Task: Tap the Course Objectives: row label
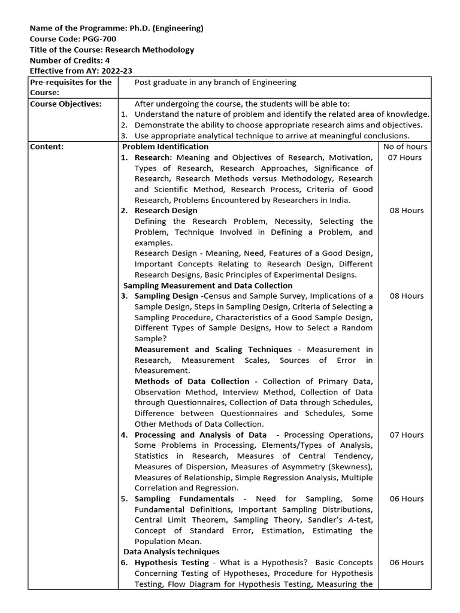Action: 65,104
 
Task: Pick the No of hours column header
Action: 405,147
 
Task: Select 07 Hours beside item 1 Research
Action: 405,157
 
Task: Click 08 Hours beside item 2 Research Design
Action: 405,211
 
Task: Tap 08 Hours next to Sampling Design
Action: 405,296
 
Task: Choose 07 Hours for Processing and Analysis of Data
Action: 405,435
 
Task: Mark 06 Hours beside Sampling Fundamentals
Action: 405,499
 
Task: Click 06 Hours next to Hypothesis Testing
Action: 405,563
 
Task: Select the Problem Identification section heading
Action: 166,147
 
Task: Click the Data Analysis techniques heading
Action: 171,551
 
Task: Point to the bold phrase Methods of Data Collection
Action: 192,381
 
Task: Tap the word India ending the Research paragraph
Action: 339,200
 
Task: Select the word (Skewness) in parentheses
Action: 351,467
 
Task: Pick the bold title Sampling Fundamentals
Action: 184,499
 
